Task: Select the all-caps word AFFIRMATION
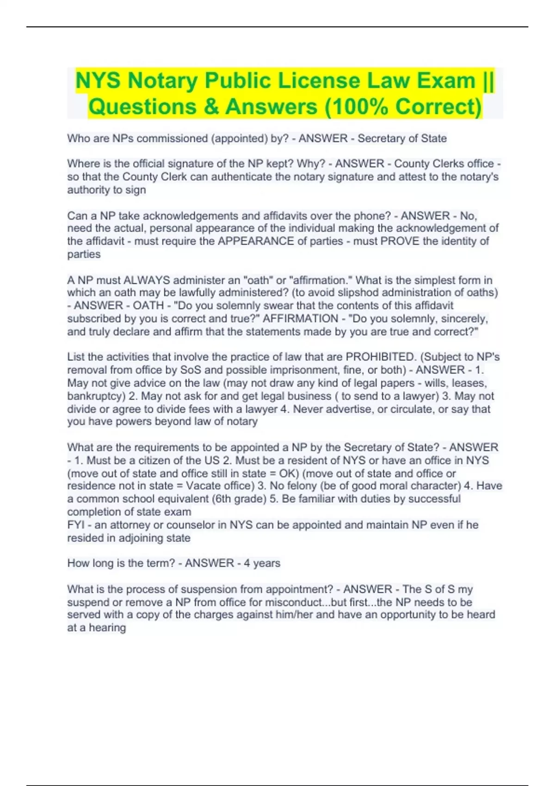(x=301, y=319)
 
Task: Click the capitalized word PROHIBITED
(x=381, y=357)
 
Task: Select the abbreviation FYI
(x=75, y=525)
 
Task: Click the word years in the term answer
(x=267, y=563)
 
